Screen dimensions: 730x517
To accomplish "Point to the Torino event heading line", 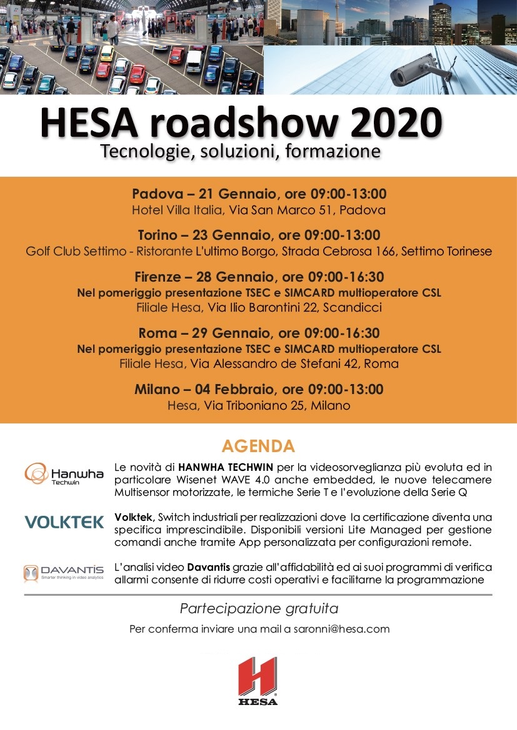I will point(258,235).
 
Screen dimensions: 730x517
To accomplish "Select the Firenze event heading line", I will point(258,277).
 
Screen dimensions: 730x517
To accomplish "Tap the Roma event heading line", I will point(258,333).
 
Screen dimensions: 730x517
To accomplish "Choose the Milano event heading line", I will point(258,389).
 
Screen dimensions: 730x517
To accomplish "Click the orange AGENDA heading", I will point(258,446).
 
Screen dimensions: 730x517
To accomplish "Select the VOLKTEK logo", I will point(64,522).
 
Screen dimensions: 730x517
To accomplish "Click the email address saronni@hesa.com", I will point(341,629).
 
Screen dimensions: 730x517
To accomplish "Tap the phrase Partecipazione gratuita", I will point(259,608).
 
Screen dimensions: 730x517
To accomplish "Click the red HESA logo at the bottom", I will point(258,680).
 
